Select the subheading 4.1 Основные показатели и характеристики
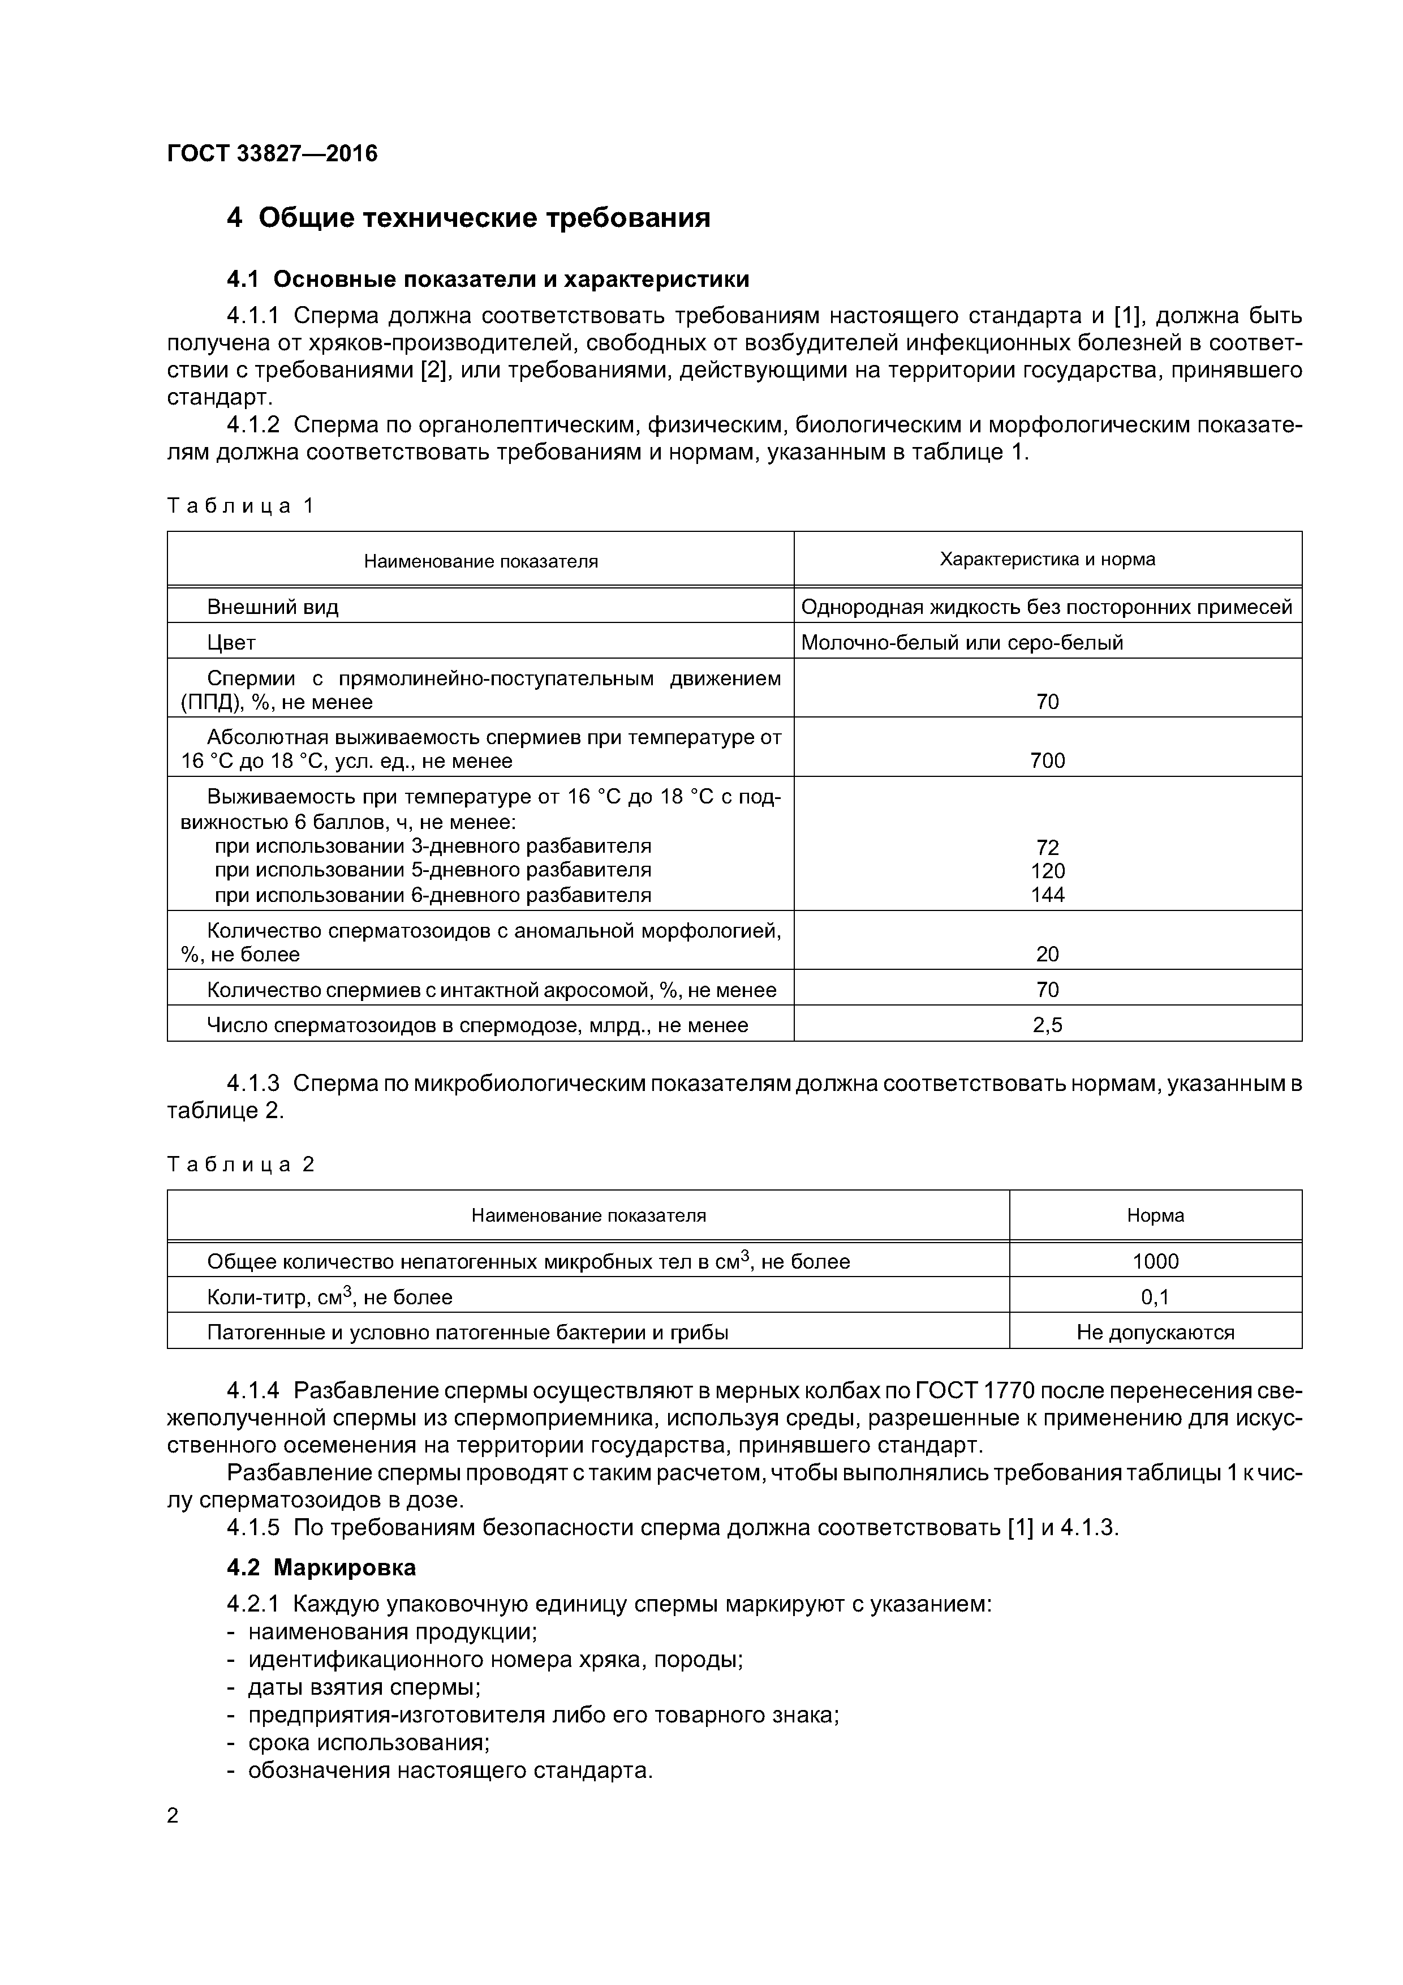tap(488, 280)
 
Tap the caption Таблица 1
tap(240, 506)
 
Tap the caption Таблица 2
tap(240, 1165)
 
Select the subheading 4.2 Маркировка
tap(321, 1567)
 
